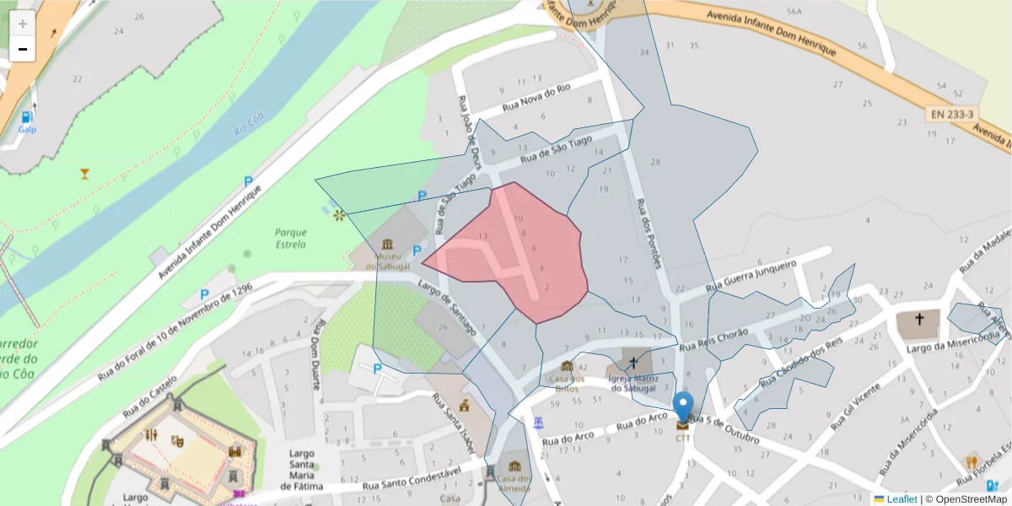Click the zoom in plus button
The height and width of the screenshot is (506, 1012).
tap(23, 24)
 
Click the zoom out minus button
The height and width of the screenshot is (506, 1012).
tap(23, 49)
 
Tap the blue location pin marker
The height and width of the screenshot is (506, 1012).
tap(683, 408)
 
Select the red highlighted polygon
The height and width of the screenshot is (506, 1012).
tap(514, 253)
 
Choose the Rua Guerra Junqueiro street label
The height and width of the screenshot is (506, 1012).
tap(753, 276)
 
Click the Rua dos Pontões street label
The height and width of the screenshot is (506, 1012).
tap(649, 233)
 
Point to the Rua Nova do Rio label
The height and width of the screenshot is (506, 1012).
tap(536, 99)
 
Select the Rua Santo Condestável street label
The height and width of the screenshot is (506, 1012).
tap(412, 481)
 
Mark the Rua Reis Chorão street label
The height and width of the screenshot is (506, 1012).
tap(713, 339)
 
